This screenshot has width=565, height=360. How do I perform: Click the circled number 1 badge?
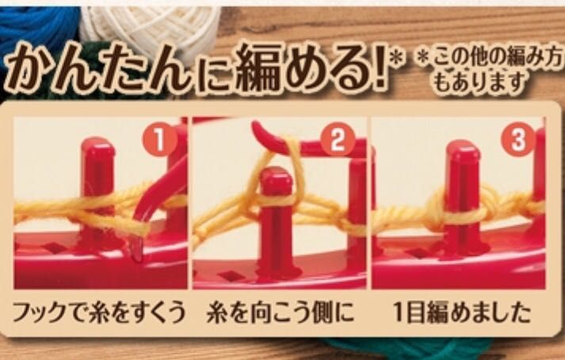(160, 140)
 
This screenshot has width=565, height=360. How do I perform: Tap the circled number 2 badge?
(338, 140)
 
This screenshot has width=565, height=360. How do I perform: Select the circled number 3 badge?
(518, 140)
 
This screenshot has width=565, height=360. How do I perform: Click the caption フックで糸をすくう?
(100, 312)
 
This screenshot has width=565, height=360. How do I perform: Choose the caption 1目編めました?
(462, 312)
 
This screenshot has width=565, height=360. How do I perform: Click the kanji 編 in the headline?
(259, 67)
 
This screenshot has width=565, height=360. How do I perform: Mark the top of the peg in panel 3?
(463, 148)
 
